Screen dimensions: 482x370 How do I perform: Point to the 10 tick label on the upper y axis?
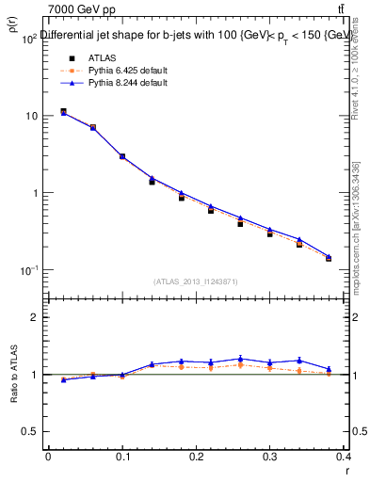(x=30, y=116)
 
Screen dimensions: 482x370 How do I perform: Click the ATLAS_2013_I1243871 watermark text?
(x=195, y=281)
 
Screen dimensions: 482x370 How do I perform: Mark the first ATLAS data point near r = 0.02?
(x=63, y=112)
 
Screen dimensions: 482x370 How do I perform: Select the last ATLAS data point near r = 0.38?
(x=329, y=258)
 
